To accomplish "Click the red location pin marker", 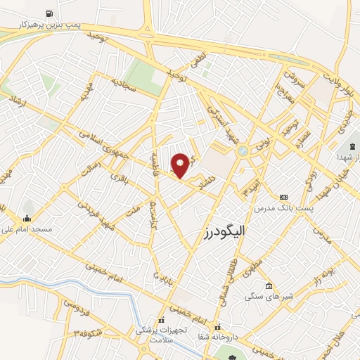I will (x=181, y=165).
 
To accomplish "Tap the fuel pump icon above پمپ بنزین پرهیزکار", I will (x=49, y=13).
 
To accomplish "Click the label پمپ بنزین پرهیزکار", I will (x=50, y=25).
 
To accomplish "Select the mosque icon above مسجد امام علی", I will (x=27, y=218).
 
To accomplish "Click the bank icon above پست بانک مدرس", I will (x=283, y=198).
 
